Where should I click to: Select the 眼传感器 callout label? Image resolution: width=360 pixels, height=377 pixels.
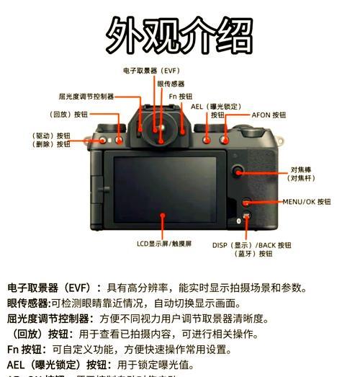coord(171,84)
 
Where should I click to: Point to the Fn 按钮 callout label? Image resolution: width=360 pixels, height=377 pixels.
coord(181,96)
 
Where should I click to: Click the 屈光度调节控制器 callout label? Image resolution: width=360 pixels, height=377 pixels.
coord(86,96)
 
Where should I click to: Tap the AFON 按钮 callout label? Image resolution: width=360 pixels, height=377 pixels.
coord(269,115)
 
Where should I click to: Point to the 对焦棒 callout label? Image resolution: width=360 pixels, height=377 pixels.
coord(300,173)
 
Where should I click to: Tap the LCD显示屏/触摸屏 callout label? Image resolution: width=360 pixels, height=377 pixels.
coord(164,244)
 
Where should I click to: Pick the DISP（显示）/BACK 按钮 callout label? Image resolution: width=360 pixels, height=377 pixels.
coord(252,245)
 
